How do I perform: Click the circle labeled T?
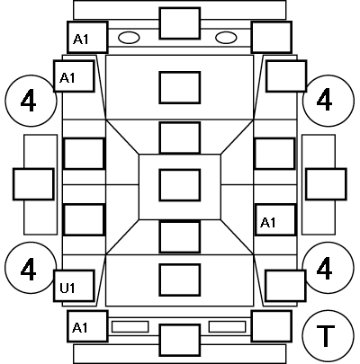(328, 335)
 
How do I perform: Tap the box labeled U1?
(74, 286)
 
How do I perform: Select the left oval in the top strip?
(129, 38)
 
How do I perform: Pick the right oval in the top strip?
(226, 38)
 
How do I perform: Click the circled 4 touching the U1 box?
(31, 268)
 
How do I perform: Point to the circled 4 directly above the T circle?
(328, 268)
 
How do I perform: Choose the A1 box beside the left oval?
(87, 38)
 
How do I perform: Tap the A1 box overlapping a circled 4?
(74, 76)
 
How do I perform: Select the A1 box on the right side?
(275, 220)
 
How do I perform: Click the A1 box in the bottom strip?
(87, 326)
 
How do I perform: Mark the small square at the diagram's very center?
(180, 185)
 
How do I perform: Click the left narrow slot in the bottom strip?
(130, 326)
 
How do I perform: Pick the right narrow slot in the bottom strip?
(227, 326)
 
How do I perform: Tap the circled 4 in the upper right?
(328, 101)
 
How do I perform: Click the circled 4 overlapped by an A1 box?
(31, 101)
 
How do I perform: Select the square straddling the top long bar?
(180, 23)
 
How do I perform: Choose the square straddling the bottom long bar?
(180, 341)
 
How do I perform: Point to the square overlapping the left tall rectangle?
(33, 184)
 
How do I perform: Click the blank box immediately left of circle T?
(272, 326)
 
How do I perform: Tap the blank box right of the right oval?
(272, 38)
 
